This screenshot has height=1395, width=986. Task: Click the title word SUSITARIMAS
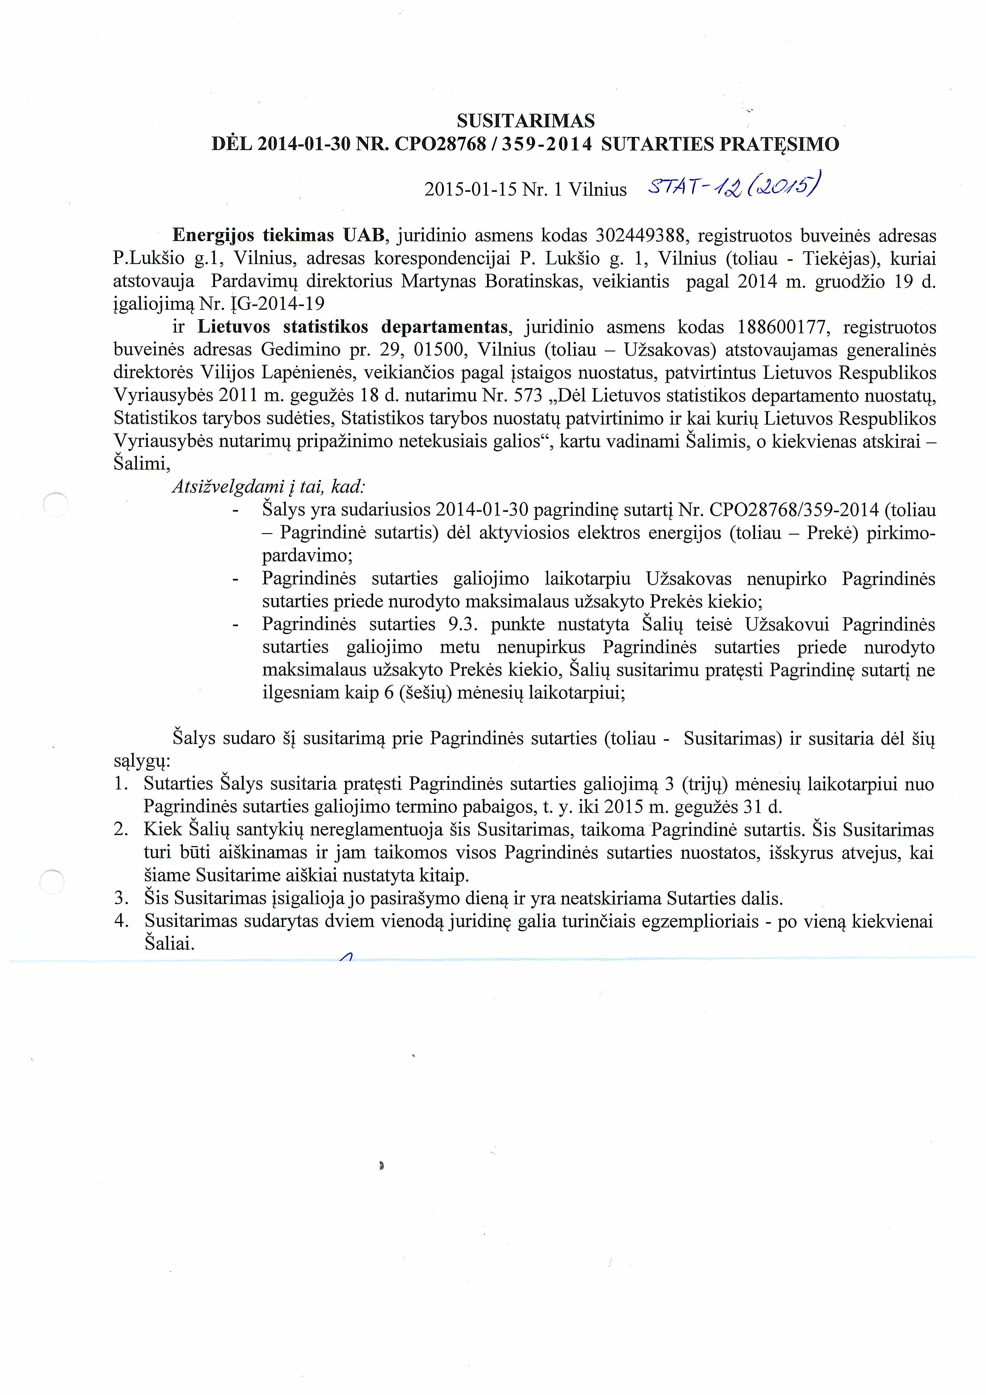pyautogui.click(x=526, y=121)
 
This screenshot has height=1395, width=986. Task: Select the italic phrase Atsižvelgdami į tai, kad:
pyautogui.click(x=268, y=487)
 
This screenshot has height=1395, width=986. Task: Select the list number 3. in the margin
pyautogui.click(x=121, y=898)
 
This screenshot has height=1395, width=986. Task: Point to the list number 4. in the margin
pyautogui.click(x=121, y=921)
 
